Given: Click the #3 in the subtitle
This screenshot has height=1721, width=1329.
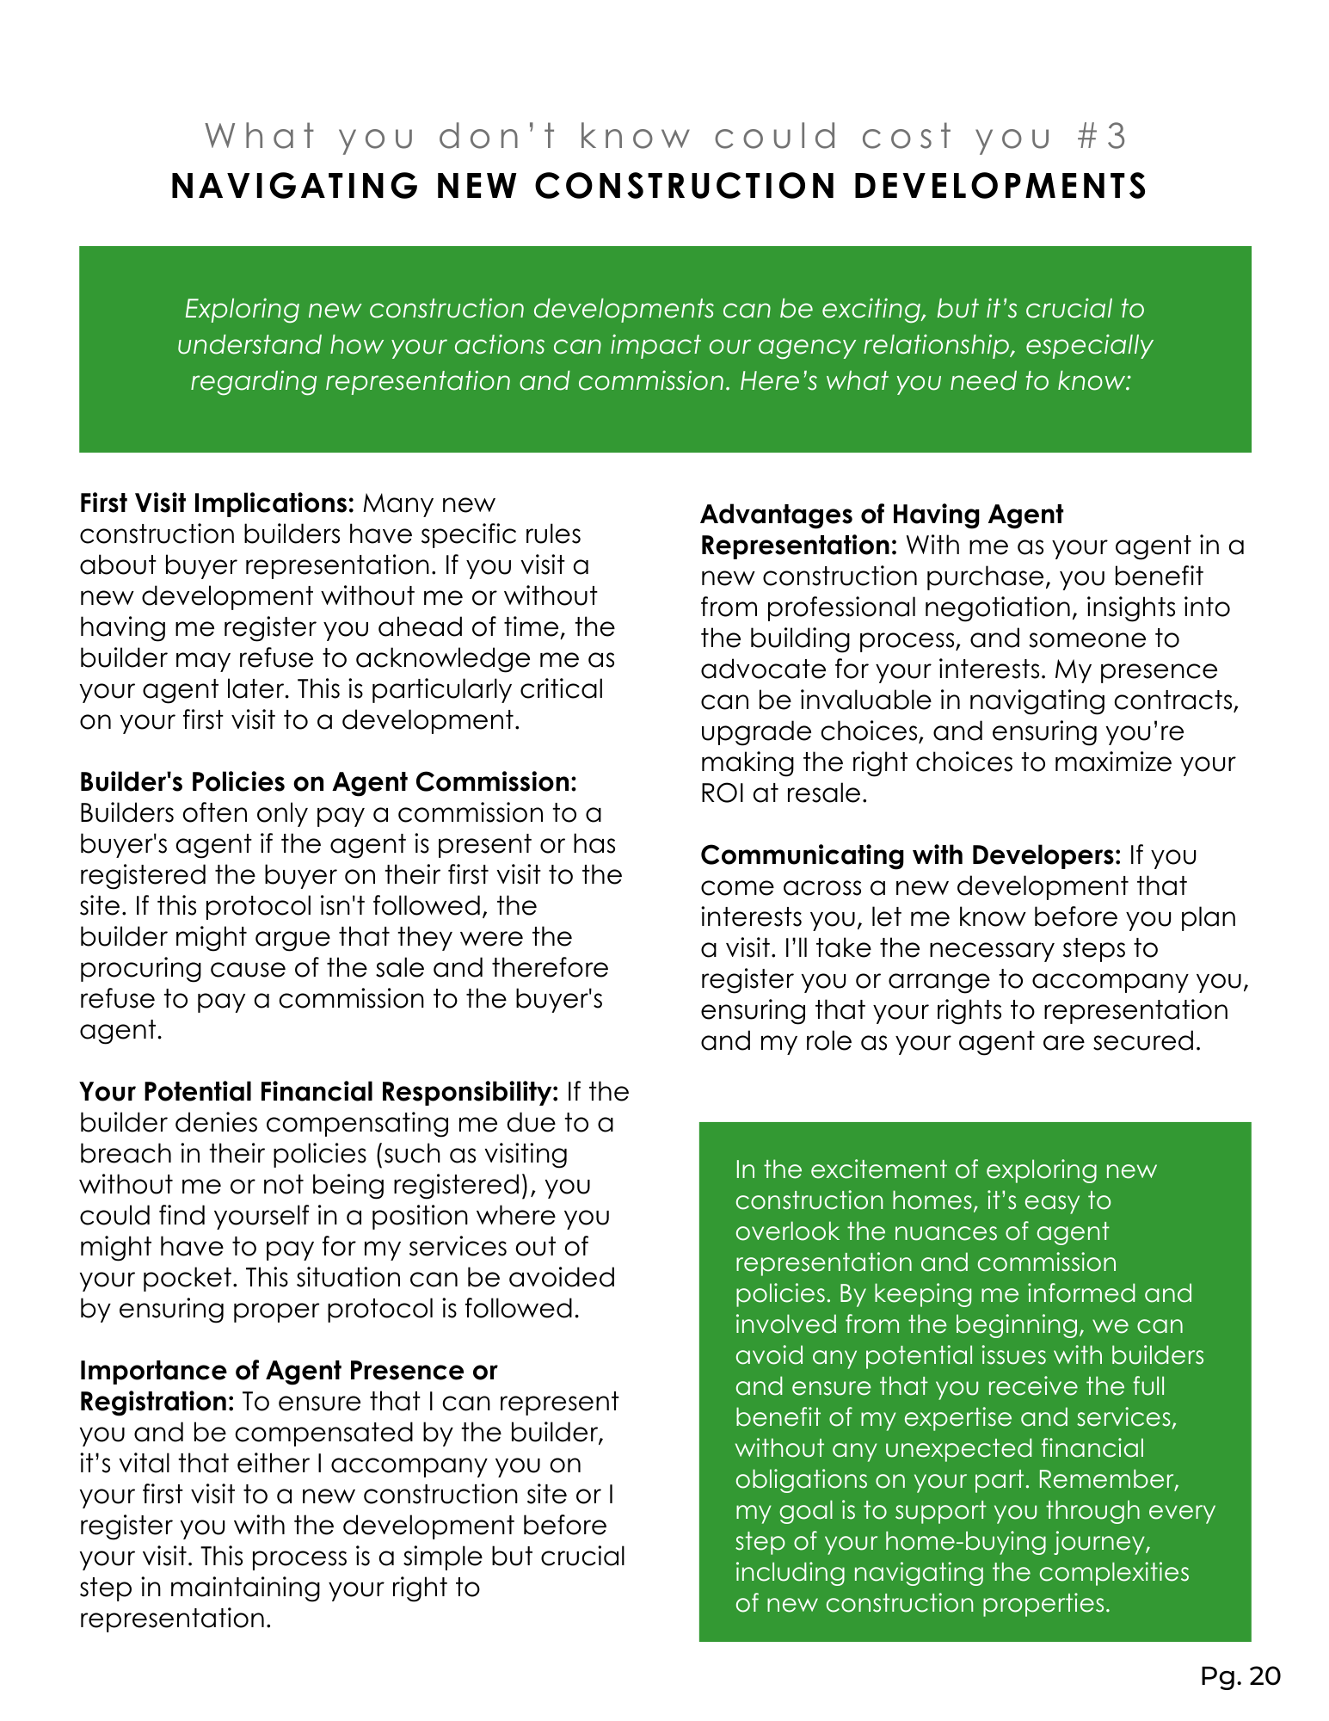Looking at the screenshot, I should (x=1103, y=137).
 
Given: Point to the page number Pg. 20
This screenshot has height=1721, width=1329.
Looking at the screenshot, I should (x=1240, y=1675).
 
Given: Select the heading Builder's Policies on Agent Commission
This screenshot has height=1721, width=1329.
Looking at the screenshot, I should (x=328, y=781).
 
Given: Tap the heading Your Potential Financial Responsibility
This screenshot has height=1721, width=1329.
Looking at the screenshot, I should (x=319, y=1091).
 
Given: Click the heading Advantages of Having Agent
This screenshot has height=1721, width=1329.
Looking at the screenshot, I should (x=882, y=515).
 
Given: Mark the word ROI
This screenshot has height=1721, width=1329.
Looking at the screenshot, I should (x=722, y=793).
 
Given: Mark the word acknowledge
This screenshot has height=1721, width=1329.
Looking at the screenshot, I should (x=455, y=658).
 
